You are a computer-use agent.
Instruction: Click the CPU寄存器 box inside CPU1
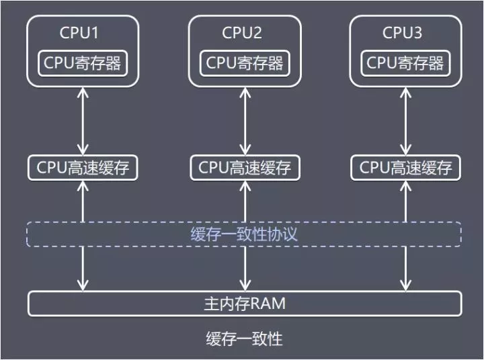[83, 63]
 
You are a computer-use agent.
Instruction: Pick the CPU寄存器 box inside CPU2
[244, 63]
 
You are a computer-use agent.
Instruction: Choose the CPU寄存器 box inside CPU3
[405, 63]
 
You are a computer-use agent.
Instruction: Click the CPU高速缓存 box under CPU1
[83, 167]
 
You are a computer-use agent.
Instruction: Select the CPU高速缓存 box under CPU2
[244, 167]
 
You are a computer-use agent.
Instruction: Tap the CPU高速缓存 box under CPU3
[405, 167]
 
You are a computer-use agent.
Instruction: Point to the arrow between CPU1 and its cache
[83, 121]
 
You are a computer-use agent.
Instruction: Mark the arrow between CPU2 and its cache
[244, 121]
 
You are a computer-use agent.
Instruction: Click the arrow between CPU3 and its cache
[405, 121]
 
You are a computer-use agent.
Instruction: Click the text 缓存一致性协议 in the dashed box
[244, 234]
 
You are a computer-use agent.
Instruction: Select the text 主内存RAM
[244, 303]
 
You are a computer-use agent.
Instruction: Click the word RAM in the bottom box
[270, 303]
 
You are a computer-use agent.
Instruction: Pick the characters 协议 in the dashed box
[284, 234]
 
